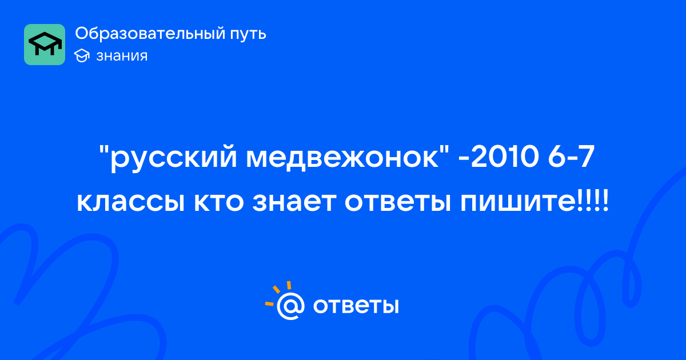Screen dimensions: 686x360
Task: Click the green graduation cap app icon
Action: (45, 45)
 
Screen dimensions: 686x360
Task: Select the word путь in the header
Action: (248, 35)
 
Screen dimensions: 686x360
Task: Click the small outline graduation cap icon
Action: (82, 56)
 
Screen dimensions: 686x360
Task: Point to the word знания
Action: (122, 56)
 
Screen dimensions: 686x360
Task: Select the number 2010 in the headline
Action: (505, 157)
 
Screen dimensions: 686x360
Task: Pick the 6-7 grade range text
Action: (572, 157)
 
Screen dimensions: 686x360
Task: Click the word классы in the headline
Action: (131, 202)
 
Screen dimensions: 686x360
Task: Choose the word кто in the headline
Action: (219, 202)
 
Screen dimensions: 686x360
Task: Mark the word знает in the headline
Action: (294, 202)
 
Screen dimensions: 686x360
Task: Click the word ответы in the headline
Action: (398, 202)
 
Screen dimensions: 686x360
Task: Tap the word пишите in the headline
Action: (518, 202)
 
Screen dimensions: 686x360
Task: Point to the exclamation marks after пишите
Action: (593, 201)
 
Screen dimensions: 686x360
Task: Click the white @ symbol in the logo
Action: (290, 306)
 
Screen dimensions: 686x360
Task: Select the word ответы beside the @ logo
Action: (356, 306)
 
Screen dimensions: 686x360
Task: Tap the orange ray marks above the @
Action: (278, 293)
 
